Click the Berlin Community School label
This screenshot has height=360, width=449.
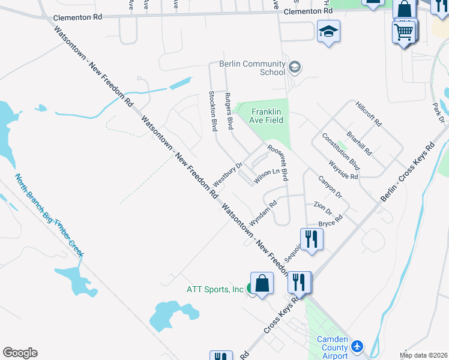[x=252, y=68]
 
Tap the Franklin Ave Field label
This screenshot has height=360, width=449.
[x=267, y=116]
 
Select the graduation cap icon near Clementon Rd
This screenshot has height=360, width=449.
[x=328, y=31]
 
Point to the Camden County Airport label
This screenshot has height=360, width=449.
[x=333, y=347]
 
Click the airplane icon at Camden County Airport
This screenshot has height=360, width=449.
[x=358, y=346]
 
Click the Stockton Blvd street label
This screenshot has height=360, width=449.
[x=212, y=111]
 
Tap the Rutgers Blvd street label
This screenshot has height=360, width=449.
[x=229, y=111]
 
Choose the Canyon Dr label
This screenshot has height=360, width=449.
[x=330, y=187]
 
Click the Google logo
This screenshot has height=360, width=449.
[x=20, y=353]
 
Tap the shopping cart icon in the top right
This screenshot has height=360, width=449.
[x=404, y=31]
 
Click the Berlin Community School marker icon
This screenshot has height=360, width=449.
[x=294, y=67]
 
